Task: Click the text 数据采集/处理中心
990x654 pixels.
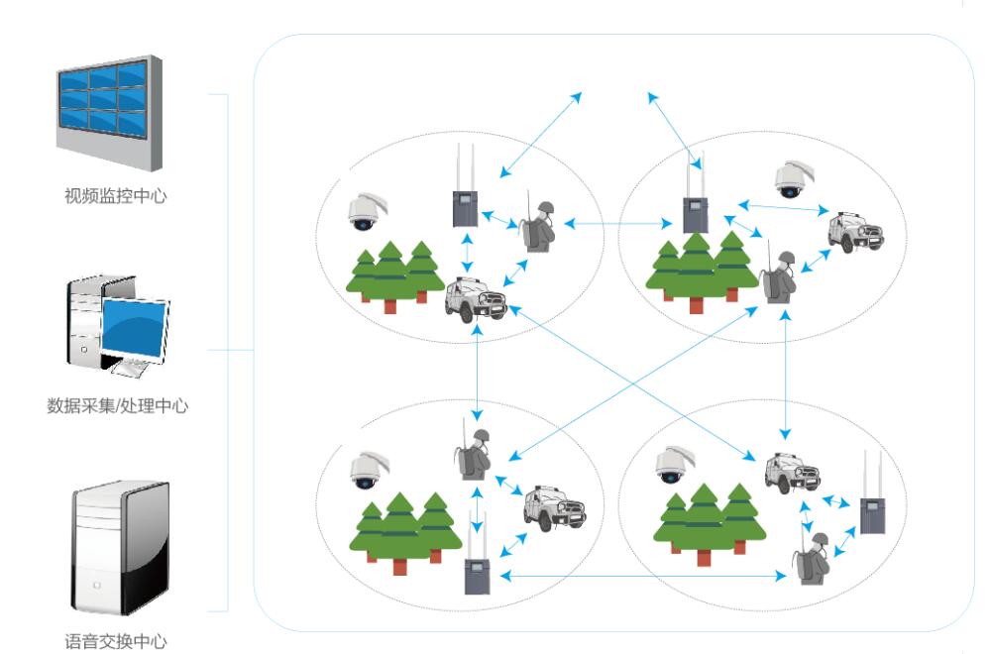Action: pyautogui.click(x=118, y=406)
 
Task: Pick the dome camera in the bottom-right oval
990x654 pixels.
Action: pyautogui.click(x=671, y=462)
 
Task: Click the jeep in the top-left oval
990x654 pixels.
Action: pyautogui.click(x=476, y=298)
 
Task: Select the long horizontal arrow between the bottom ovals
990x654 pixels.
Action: pyautogui.click(x=640, y=576)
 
